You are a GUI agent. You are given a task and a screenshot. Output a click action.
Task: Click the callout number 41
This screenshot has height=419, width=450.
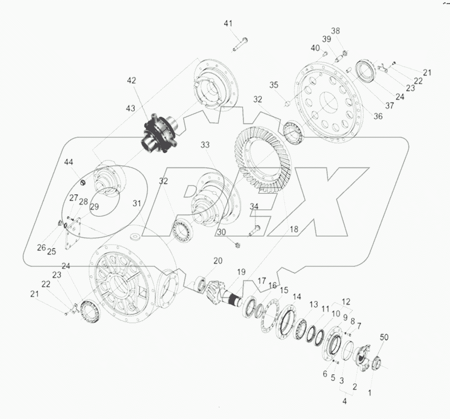coord(228,24)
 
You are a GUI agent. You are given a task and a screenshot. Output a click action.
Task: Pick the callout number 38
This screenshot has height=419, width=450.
coord(335,30)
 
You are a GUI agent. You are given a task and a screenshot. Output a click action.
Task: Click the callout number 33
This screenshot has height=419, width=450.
coord(206,145)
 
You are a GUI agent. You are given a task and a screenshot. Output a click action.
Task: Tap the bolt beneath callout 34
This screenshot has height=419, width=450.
coord(255,229)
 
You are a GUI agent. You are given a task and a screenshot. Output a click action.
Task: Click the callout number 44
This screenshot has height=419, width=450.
coord(68,162)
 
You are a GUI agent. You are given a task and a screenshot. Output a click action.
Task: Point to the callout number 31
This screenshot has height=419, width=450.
coord(137,203)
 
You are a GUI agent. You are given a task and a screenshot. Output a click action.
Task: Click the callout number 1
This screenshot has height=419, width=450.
coord(369,393)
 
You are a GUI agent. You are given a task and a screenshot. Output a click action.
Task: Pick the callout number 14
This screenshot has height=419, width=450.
coord(297,296)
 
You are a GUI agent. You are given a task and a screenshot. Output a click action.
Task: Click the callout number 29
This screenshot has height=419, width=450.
coord(94,206)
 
